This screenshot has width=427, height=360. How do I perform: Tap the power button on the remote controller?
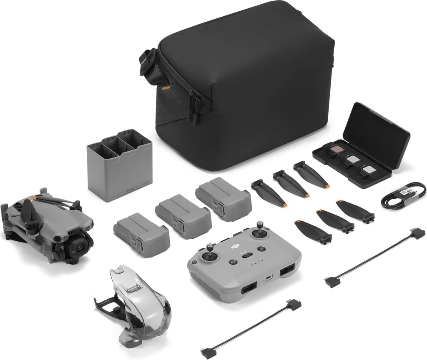point(261,249)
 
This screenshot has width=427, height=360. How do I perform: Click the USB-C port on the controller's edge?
point(267,277)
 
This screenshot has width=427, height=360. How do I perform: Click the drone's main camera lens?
point(79,246)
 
